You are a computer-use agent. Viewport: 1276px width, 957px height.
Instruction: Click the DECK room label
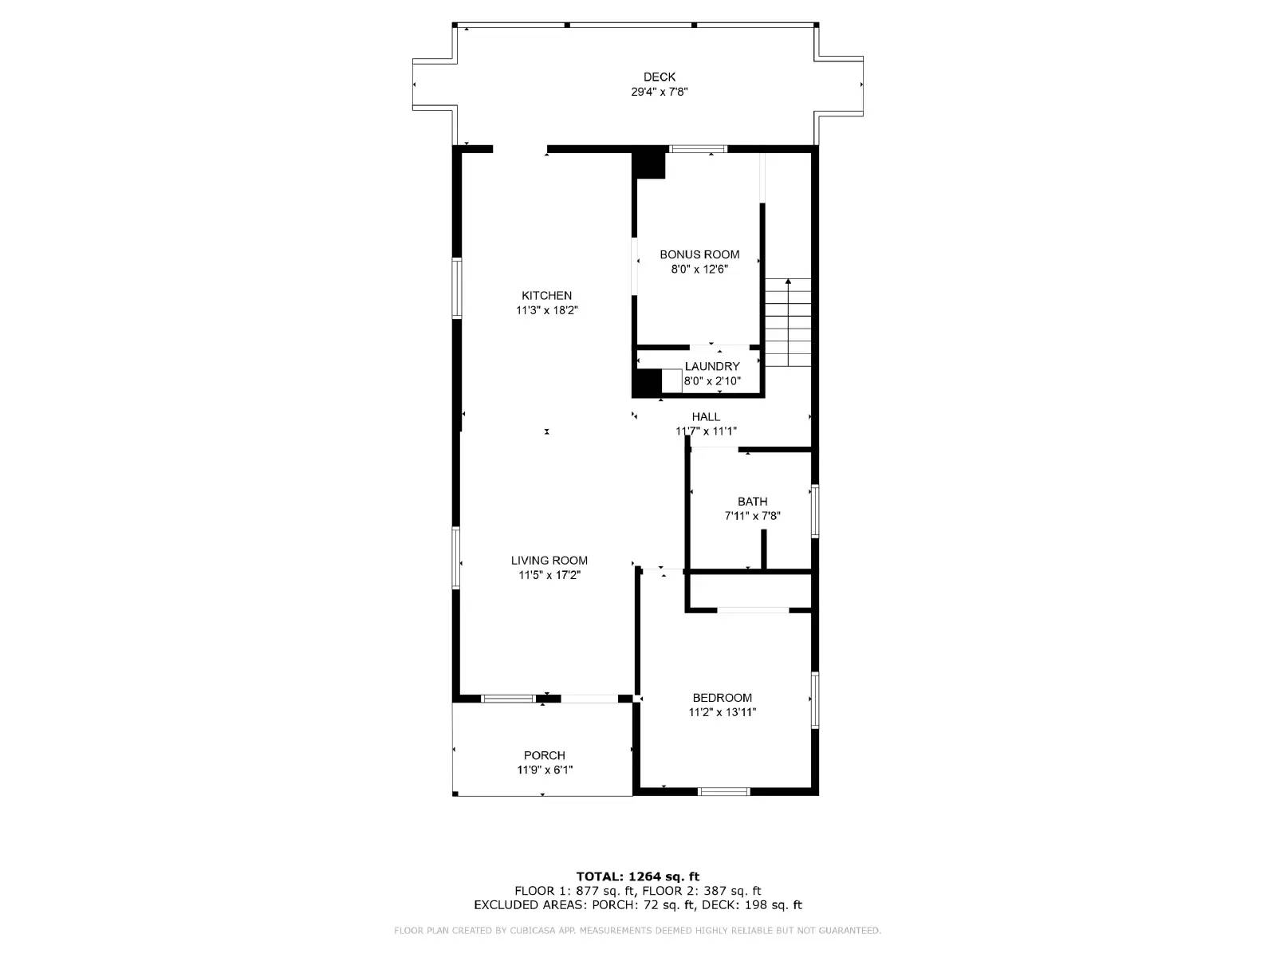(x=660, y=77)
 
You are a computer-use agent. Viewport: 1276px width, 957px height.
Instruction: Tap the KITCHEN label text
(x=546, y=296)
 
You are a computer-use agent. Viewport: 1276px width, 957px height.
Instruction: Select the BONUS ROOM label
(x=699, y=254)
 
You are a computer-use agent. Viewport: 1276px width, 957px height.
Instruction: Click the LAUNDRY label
(x=712, y=366)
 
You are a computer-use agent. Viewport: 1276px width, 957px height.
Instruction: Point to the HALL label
(x=706, y=416)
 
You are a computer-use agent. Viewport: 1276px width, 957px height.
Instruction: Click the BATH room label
(x=752, y=502)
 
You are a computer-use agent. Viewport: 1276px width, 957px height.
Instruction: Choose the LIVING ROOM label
(x=549, y=561)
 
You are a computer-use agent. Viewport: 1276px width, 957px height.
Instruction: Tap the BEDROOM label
(x=722, y=698)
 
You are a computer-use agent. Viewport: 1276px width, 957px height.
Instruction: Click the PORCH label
(x=545, y=755)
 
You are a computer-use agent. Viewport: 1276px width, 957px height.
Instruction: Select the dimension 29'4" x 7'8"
(x=660, y=92)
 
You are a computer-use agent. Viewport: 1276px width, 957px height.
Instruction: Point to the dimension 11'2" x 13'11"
(x=722, y=712)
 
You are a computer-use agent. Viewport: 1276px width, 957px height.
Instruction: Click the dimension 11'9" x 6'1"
(x=545, y=770)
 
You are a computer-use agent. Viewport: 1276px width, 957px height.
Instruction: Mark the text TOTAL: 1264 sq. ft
(x=638, y=876)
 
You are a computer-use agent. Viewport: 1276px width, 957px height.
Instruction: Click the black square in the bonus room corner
(x=649, y=165)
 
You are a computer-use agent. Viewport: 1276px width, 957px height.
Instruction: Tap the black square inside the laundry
(x=647, y=383)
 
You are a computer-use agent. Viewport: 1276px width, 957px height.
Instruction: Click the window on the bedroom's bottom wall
(x=724, y=791)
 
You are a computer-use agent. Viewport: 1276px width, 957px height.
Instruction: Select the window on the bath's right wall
(x=815, y=510)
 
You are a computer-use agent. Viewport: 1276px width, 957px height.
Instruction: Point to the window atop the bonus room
(x=698, y=148)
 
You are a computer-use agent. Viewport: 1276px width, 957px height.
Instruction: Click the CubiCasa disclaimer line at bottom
(x=638, y=931)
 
